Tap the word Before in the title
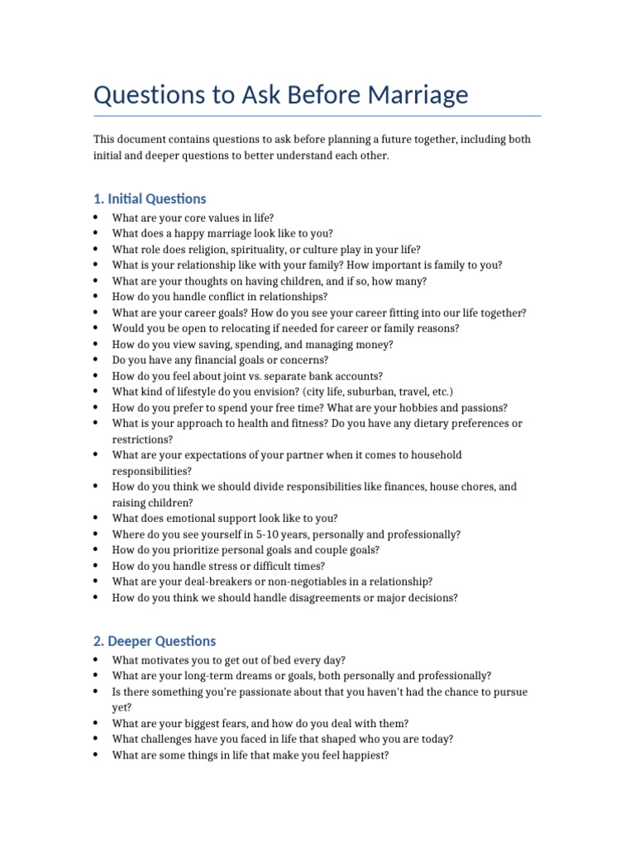(309, 95)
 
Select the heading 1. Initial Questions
(150, 199)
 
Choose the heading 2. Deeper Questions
(155, 641)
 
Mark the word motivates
(169, 660)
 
